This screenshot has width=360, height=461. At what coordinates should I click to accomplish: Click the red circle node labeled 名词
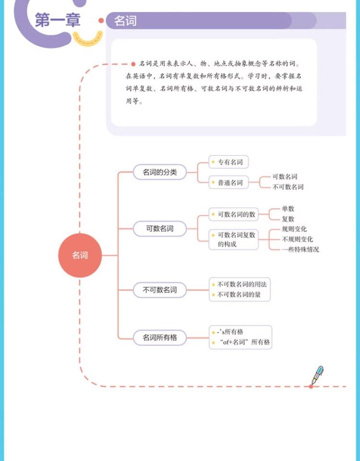[x=80, y=255]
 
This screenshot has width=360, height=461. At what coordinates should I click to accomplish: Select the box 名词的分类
[x=160, y=172]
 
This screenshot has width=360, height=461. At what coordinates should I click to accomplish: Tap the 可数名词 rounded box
[x=160, y=229]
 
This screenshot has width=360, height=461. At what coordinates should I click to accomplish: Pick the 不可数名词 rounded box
[x=160, y=290]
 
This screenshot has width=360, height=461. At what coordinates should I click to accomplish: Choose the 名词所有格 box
[x=160, y=338]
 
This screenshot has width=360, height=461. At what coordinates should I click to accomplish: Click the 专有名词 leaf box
[x=229, y=162]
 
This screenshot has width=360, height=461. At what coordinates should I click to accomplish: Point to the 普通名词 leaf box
[x=229, y=183]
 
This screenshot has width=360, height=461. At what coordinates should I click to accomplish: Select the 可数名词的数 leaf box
[x=234, y=214]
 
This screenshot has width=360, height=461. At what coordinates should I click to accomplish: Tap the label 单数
[x=288, y=209]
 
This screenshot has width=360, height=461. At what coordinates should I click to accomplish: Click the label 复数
[x=288, y=219]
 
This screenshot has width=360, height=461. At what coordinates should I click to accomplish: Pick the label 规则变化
[x=294, y=229]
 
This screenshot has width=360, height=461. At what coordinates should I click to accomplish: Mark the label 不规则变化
[x=298, y=239]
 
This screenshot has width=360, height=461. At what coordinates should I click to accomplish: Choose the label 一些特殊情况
[x=300, y=249]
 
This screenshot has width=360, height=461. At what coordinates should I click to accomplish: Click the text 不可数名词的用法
[x=242, y=284]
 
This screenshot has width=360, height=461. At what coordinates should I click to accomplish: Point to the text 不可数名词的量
[x=239, y=294]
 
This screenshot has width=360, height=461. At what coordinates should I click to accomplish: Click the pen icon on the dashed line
[x=317, y=375]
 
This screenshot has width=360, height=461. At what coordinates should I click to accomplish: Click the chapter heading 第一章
[x=58, y=21]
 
